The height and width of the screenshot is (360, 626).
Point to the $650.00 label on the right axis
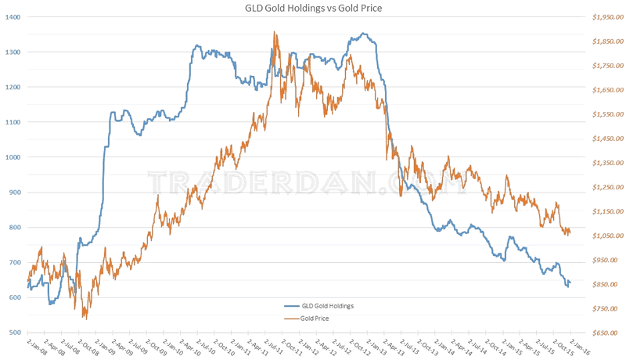tap(596, 333)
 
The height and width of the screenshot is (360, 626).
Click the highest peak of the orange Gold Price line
tap(275, 32)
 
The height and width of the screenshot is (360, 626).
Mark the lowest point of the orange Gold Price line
tap(85, 318)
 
